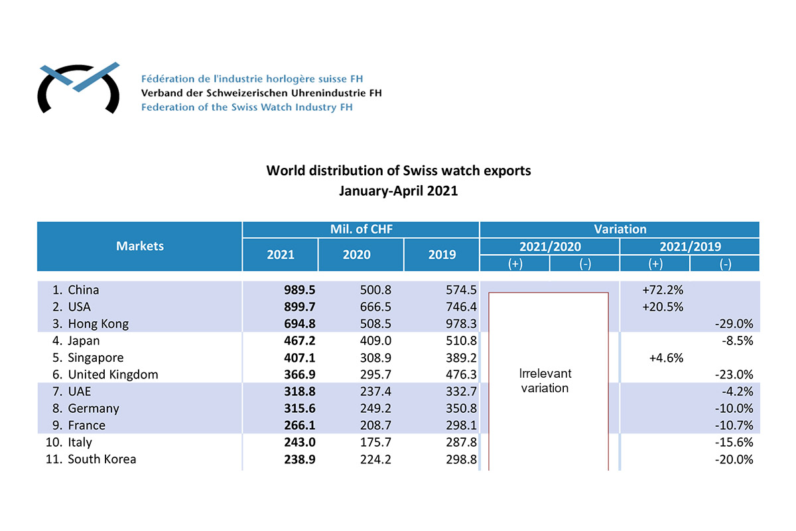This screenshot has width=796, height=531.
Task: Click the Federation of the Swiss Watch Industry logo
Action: tap(78, 88)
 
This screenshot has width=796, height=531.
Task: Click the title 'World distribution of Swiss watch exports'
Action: tap(398, 171)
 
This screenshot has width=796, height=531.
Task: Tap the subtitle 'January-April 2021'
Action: tap(398, 190)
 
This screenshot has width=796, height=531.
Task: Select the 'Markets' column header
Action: tap(140, 246)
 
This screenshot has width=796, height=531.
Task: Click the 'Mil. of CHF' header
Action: tap(361, 229)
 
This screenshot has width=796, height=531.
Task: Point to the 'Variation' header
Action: tap(620, 229)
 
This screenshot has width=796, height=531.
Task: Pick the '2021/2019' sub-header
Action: tap(689, 246)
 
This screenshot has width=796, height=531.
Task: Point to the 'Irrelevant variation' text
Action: tap(545, 381)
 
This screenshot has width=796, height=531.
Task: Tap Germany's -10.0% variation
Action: tap(734, 408)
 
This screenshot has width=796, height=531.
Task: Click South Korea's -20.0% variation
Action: tap(734, 459)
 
